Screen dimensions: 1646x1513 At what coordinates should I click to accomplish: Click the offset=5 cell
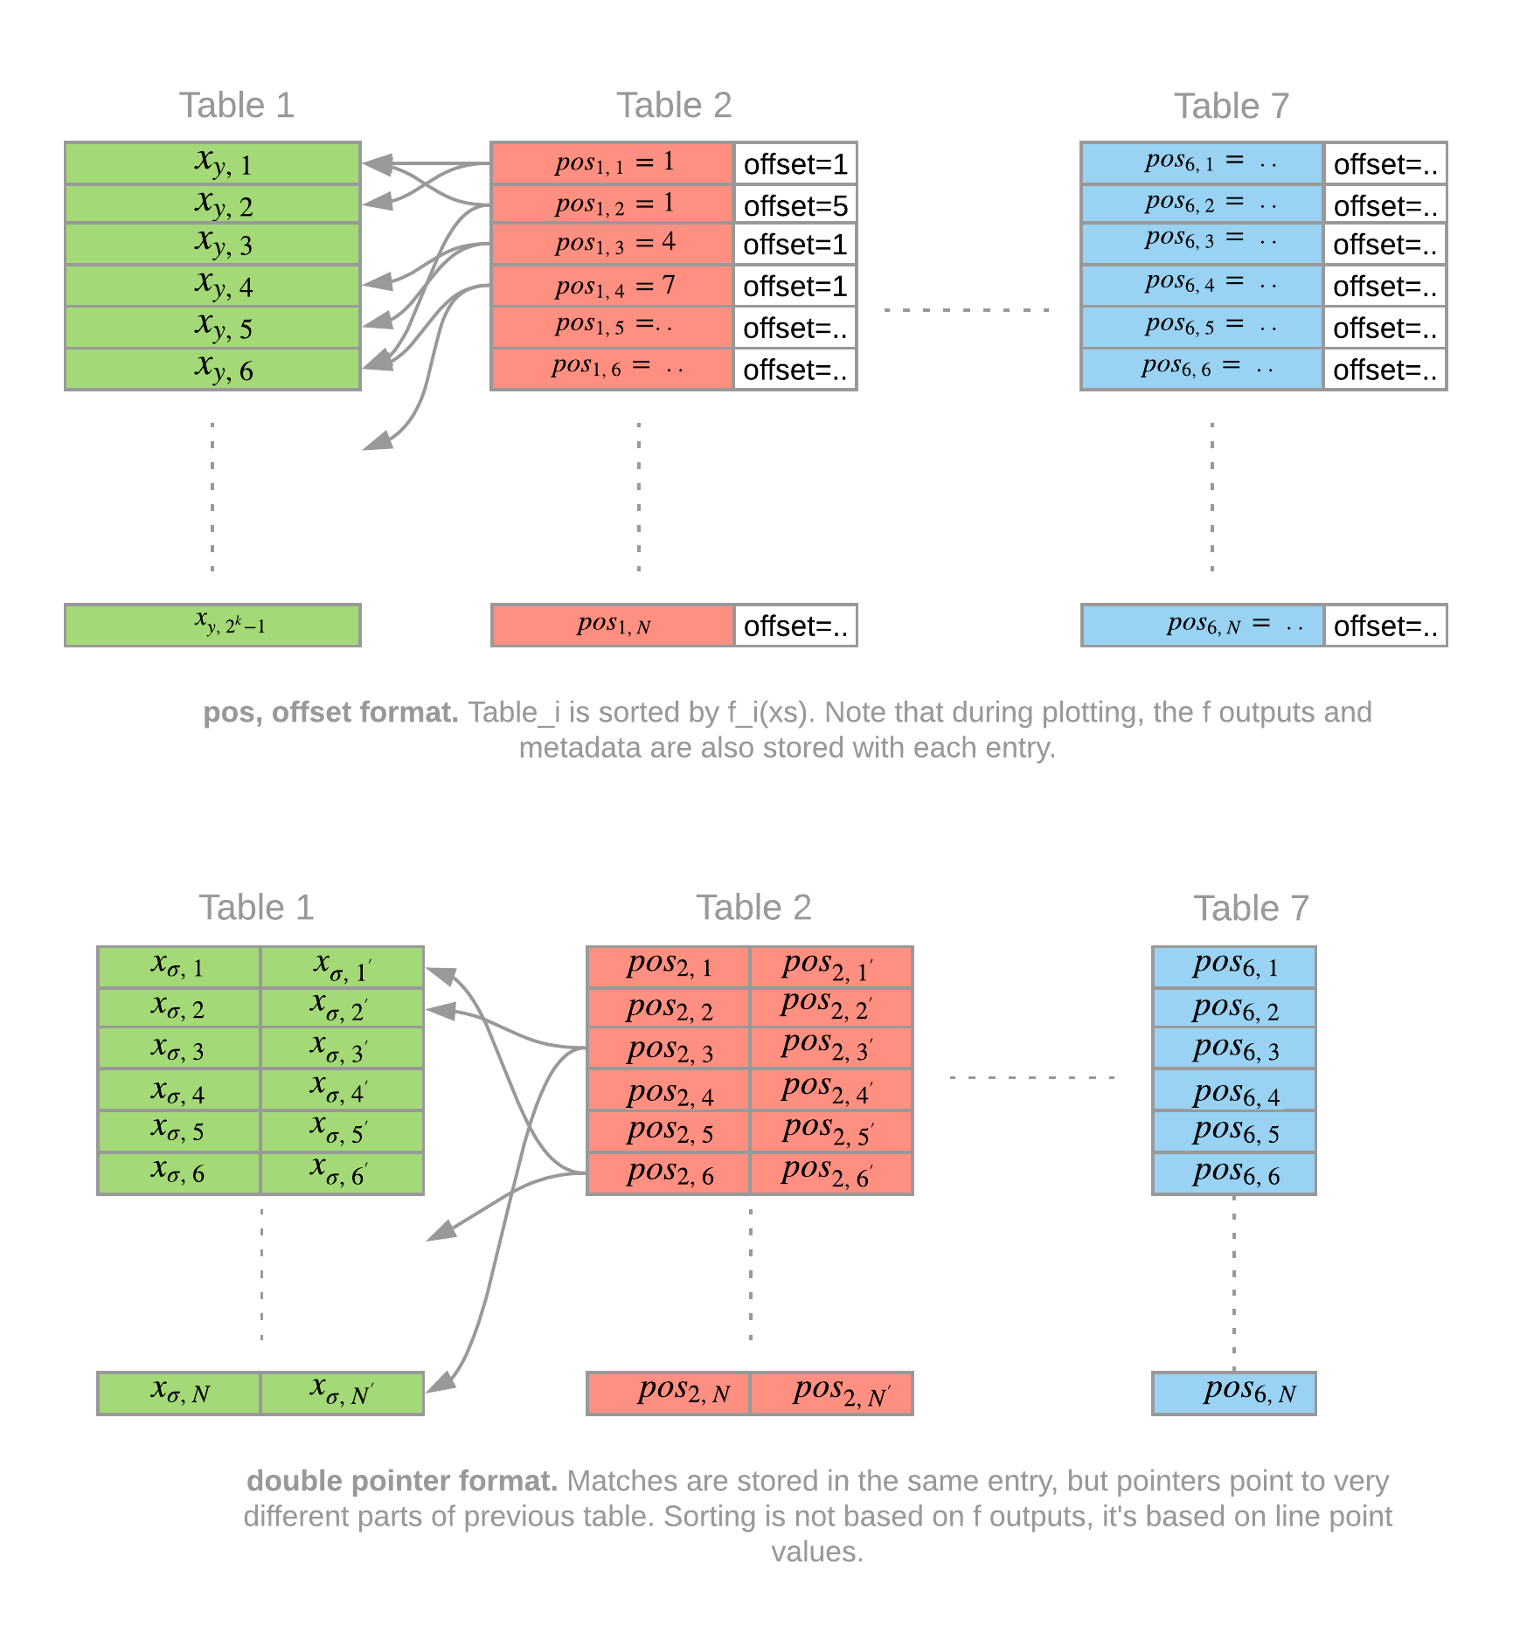click(795, 205)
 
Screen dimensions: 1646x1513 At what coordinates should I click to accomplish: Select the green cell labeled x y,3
click(212, 245)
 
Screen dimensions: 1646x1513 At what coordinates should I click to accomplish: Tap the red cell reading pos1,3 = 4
click(612, 245)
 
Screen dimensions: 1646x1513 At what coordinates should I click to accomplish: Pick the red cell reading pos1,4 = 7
click(612, 286)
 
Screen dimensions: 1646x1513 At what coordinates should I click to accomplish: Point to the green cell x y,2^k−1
click(212, 625)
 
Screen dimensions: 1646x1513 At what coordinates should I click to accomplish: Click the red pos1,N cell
click(612, 625)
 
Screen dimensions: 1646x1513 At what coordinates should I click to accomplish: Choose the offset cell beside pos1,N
click(795, 626)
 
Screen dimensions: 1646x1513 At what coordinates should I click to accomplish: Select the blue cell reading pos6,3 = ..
click(1202, 243)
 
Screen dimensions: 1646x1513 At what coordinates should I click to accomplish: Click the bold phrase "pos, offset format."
click(330, 713)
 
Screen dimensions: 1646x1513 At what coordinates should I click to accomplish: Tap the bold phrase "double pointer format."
click(401, 1481)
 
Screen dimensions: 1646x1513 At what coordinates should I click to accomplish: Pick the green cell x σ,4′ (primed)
click(342, 1090)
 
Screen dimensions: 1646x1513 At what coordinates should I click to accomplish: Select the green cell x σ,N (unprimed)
click(179, 1393)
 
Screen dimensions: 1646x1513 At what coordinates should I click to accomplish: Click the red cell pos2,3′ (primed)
click(831, 1048)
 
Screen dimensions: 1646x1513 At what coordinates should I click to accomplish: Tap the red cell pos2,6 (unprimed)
click(669, 1173)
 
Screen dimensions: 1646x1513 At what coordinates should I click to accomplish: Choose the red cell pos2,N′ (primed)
click(831, 1393)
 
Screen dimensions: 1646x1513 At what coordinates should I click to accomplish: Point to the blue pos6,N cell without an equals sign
click(1233, 1393)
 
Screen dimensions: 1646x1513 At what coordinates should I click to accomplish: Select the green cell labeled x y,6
click(212, 370)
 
